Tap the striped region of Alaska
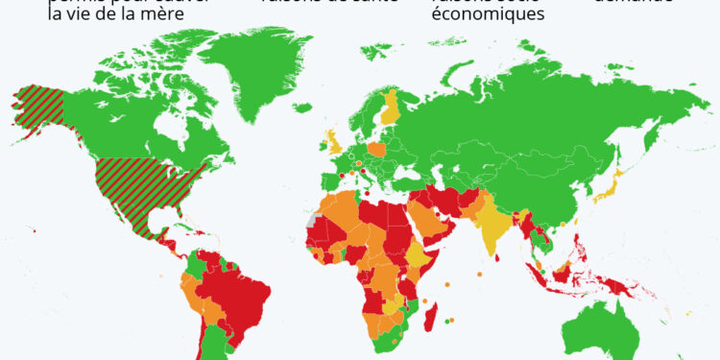[43, 110]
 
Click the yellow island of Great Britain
[332, 144]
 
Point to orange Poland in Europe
[376, 151]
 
